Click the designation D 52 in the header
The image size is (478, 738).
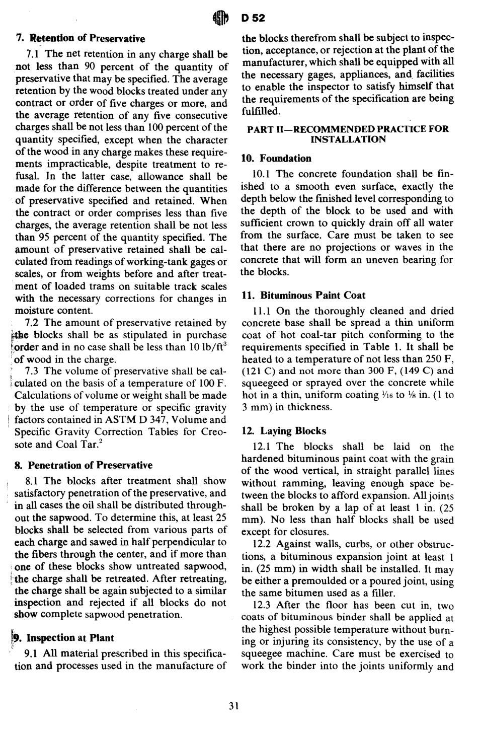point(253,19)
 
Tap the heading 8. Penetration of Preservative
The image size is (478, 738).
point(84,465)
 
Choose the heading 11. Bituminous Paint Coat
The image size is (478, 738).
point(303,295)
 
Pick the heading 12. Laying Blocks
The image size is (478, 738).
point(284,431)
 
